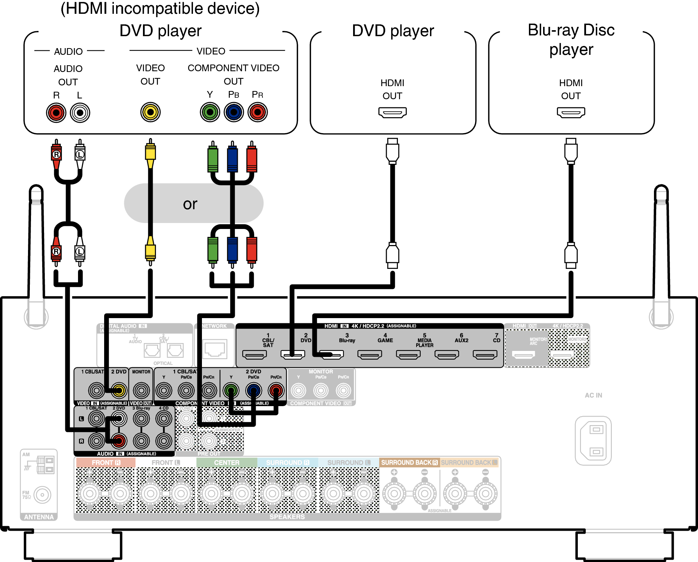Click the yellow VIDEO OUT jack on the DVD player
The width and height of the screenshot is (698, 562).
click(150, 112)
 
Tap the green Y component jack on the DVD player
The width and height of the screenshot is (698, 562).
click(210, 112)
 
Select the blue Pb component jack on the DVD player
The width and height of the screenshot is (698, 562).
click(234, 112)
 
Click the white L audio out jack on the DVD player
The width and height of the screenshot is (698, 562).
click(80, 113)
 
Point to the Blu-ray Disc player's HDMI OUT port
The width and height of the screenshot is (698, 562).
click(571, 112)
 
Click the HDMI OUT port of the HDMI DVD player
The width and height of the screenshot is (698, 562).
click(392, 112)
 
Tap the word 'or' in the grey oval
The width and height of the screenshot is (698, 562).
click(190, 204)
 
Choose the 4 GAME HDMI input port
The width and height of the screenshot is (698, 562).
click(370, 354)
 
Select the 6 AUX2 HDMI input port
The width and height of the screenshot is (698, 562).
click(446, 354)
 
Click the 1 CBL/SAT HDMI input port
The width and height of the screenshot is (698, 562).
click(255, 354)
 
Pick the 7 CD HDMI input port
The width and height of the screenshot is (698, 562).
click(485, 354)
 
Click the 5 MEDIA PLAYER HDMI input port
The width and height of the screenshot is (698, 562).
click(408, 354)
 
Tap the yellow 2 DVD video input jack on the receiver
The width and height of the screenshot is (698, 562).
click(119, 390)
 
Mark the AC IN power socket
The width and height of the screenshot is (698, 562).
click(593, 440)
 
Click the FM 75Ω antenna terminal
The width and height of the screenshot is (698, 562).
click(42, 495)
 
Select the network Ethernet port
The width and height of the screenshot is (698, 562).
click(215, 349)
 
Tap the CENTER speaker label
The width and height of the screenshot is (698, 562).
click(227, 462)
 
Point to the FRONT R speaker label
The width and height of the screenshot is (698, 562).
click(106, 462)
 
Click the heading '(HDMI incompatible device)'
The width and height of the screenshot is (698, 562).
click(160, 8)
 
